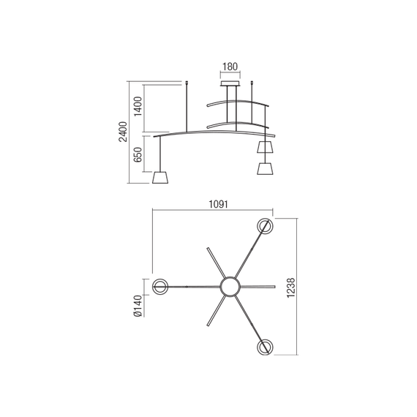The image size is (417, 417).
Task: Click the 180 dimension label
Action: click(230, 67)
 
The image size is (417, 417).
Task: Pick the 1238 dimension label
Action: click(292, 287)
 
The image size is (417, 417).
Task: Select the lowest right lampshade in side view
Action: click(264, 169)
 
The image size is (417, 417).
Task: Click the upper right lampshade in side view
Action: click(265, 148)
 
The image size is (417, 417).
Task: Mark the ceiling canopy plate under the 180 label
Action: click(230, 84)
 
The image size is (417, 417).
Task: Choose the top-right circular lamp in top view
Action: click(264, 226)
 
